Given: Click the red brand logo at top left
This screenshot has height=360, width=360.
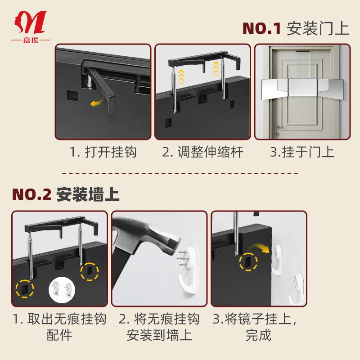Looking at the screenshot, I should click(31, 25).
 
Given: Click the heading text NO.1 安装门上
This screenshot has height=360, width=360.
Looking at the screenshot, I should click(296, 28).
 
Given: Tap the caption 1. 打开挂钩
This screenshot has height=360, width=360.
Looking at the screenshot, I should click(103, 152).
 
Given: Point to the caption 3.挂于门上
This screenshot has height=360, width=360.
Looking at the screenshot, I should click(302, 152).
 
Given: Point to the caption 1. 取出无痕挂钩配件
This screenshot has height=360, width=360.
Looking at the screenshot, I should click(59, 327).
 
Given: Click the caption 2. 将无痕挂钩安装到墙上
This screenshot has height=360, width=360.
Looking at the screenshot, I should click(160, 327).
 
